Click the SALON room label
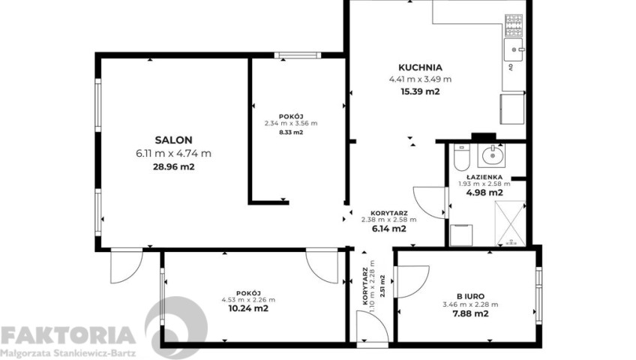[x=173, y=140]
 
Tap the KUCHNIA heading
[x=420, y=67]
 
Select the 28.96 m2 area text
[x=173, y=166]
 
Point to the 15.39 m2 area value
[x=420, y=91]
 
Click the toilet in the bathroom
[x=461, y=157]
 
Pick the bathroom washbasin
[x=492, y=154]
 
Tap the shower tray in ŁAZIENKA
[x=510, y=223]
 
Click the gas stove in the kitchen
[x=514, y=25]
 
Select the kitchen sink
[x=514, y=49]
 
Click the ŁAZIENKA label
[x=484, y=177]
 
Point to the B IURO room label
[x=470, y=297]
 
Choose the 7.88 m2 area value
[x=470, y=313]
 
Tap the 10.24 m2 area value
[x=248, y=308]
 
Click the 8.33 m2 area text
[x=291, y=132]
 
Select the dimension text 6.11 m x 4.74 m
[x=173, y=154]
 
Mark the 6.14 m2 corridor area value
[x=389, y=229]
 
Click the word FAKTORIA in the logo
[x=67, y=336]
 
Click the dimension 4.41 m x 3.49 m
[x=420, y=79]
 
